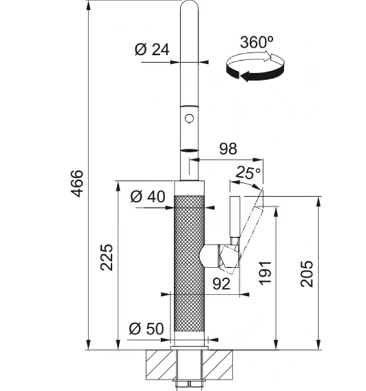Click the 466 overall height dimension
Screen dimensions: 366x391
(x=77, y=184)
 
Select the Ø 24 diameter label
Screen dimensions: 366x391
(x=152, y=50)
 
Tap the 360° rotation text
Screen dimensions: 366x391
(x=256, y=42)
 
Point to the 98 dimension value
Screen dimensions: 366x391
(x=228, y=149)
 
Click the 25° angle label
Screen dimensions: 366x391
(x=248, y=172)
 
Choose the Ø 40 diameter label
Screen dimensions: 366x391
(x=148, y=197)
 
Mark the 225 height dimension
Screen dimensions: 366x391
(x=106, y=258)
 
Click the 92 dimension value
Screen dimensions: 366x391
(x=221, y=283)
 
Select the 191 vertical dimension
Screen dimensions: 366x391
(x=265, y=273)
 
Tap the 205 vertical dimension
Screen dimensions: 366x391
(x=307, y=274)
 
